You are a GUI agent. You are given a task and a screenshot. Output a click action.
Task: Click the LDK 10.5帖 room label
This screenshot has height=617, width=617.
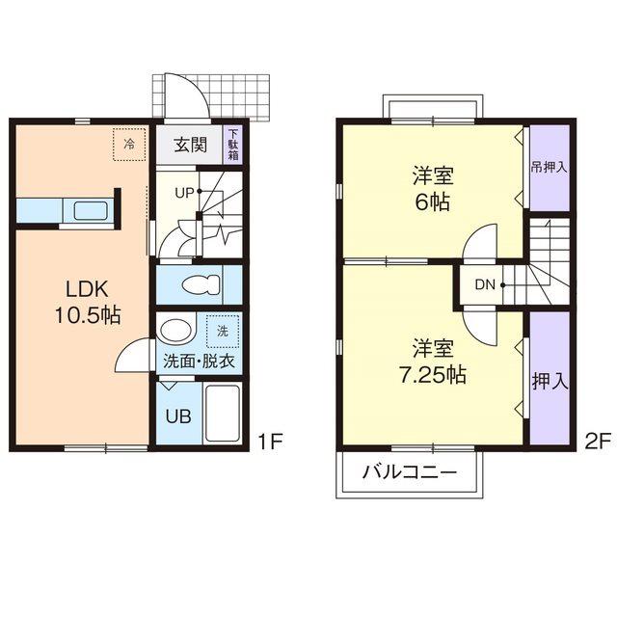(88, 302)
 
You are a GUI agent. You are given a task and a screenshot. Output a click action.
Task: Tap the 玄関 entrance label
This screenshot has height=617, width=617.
(191, 145)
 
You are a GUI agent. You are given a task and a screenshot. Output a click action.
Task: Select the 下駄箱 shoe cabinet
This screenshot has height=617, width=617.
(233, 144)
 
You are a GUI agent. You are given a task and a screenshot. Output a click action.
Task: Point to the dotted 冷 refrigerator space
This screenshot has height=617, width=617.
(129, 145)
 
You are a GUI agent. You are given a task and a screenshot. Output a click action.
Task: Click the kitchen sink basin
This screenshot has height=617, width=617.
(91, 211)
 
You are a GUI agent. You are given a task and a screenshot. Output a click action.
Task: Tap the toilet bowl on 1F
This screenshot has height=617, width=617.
(201, 284)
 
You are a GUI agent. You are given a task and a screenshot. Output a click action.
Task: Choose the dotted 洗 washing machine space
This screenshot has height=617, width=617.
(223, 332)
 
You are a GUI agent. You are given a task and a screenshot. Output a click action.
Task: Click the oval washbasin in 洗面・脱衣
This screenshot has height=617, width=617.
(174, 331)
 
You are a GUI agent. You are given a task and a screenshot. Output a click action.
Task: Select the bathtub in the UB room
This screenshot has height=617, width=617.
(223, 414)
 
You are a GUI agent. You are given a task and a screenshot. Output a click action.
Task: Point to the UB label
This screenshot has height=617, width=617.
(178, 416)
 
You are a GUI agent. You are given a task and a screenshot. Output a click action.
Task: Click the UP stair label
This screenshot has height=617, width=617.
(184, 193)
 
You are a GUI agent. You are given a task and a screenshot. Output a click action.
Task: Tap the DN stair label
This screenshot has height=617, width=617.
(485, 284)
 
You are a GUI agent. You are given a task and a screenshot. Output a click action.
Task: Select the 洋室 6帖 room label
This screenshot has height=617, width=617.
(433, 189)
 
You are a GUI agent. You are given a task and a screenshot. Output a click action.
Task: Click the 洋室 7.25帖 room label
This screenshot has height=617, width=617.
(433, 362)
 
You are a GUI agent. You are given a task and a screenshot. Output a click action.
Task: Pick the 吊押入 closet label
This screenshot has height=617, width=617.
(549, 167)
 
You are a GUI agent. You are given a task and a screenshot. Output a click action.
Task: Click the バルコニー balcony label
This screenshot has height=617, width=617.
(410, 471)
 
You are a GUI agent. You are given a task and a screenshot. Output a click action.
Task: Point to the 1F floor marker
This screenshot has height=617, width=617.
(271, 442)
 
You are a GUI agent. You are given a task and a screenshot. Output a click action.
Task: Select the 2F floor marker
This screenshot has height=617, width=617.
(598, 442)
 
